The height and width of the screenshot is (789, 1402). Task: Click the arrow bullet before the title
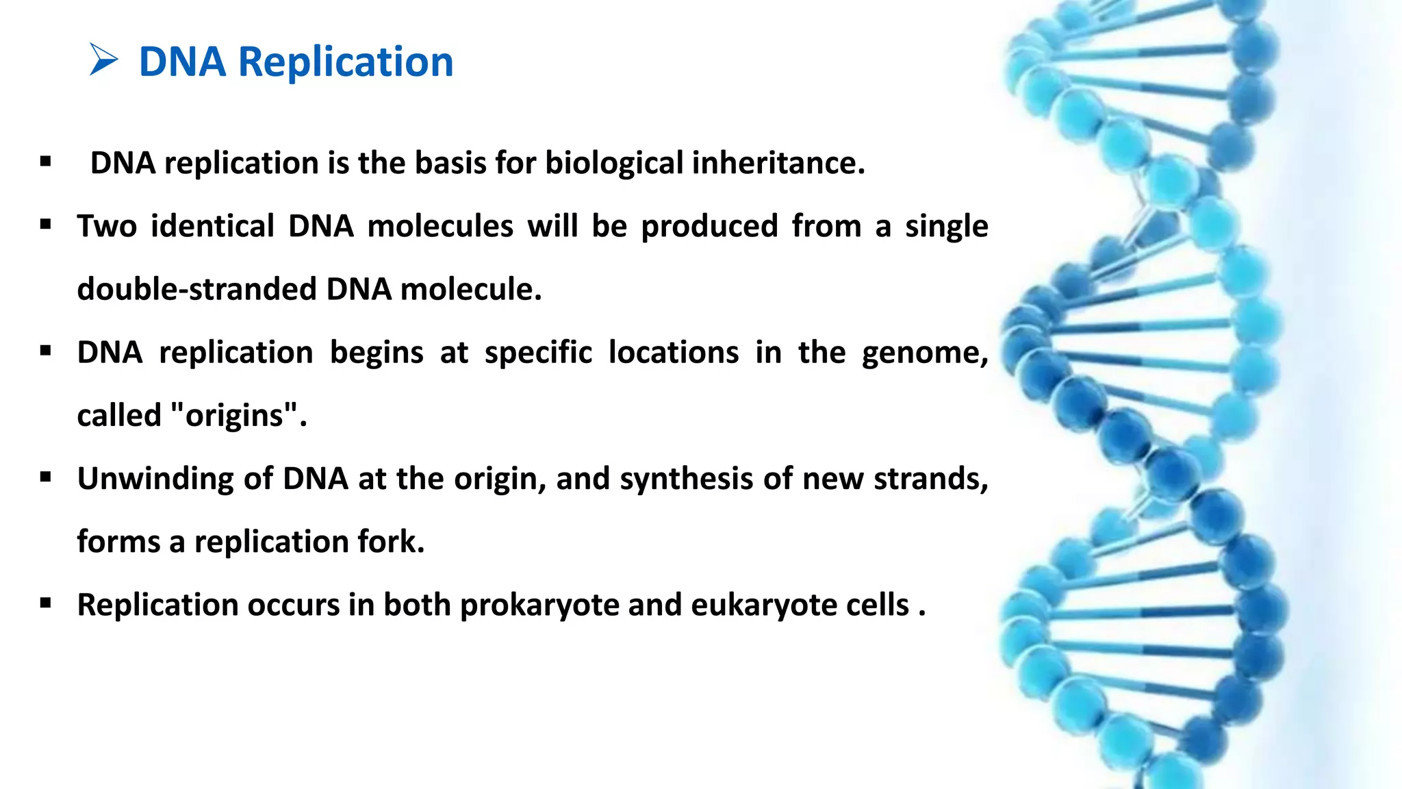pyautogui.click(x=103, y=60)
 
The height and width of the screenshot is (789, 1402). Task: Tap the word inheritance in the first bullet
pyautogui.click(x=778, y=163)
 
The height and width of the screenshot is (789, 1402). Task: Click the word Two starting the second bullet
pyautogui.click(x=107, y=226)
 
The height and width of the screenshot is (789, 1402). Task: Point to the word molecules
pyautogui.click(x=439, y=226)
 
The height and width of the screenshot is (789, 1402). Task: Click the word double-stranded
pyautogui.click(x=196, y=289)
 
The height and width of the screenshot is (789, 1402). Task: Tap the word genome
pyautogui.click(x=924, y=353)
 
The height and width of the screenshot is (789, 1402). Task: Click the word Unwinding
pyautogui.click(x=155, y=478)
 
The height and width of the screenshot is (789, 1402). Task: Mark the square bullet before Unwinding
pyautogui.click(x=46, y=477)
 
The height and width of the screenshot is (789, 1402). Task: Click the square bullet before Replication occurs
pyautogui.click(x=46, y=603)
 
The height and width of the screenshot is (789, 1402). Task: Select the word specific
pyautogui.click(x=538, y=353)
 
